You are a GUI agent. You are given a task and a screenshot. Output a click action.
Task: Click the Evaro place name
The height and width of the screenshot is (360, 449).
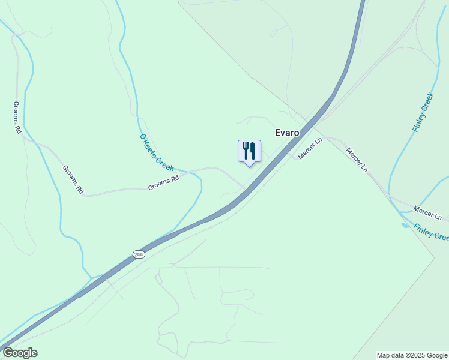(x=287, y=133)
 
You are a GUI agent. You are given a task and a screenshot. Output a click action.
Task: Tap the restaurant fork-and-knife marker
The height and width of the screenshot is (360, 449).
(x=250, y=151)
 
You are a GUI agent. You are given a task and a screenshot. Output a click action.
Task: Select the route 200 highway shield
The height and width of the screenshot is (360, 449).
(x=139, y=254)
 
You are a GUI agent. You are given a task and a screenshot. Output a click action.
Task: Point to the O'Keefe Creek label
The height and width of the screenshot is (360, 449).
(x=157, y=152)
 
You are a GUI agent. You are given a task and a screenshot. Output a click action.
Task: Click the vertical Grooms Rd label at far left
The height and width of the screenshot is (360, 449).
(x=17, y=117)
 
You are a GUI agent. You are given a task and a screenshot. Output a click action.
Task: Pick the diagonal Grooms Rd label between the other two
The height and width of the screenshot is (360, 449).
(x=73, y=179)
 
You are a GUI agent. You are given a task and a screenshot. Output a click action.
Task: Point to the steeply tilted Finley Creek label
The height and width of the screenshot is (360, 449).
(x=423, y=112)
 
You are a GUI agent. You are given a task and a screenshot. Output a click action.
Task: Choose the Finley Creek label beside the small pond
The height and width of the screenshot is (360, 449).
(x=431, y=231)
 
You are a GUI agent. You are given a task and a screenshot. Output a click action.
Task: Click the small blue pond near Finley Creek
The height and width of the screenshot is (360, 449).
(x=405, y=226)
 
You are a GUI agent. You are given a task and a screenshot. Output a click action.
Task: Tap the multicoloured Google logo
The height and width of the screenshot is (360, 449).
(x=19, y=353)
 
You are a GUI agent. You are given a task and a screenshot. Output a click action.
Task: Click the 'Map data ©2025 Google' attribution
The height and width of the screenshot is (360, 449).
(x=412, y=355)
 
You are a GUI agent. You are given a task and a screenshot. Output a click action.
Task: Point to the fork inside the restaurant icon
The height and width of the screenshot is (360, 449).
(x=246, y=151)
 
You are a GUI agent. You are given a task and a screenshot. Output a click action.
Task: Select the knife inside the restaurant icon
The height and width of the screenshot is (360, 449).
(x=253, y=151)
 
